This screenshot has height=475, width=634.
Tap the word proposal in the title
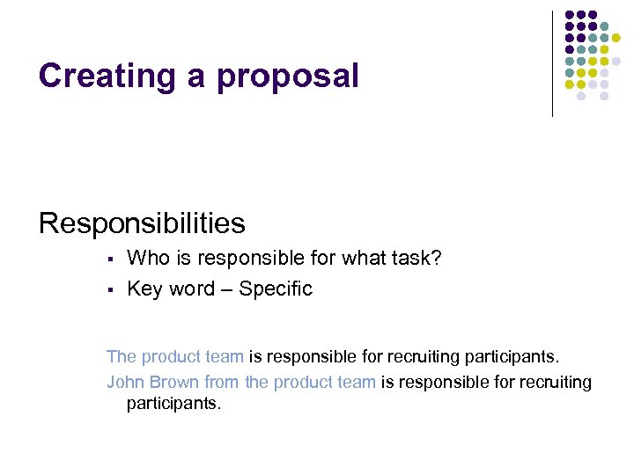click(x=288, y=77)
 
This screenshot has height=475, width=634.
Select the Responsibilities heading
click(x=142, y=223)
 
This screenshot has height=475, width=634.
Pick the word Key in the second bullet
click(x=145, y=289)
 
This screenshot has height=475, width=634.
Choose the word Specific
click(x=276, y=289)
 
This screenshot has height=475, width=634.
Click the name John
click(x=125, y=382)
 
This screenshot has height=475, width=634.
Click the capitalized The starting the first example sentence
click(x=122, y=356)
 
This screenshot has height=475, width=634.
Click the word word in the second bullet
click(x=193, y=289)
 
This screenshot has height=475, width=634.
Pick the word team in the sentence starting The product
click(x=225, y=356)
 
